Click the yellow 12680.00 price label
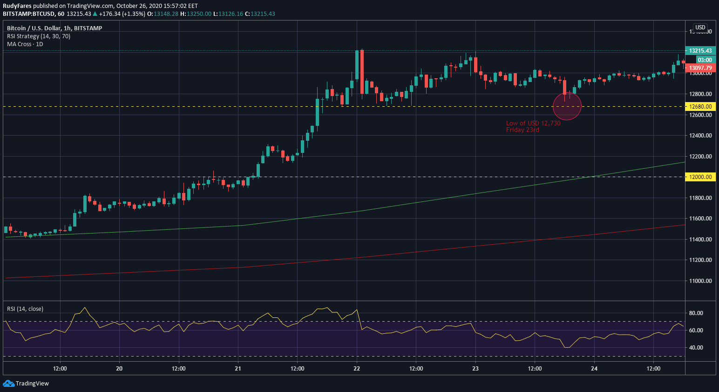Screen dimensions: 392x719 700,106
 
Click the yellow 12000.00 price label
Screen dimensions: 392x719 700,177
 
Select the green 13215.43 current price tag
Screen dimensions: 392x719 700,51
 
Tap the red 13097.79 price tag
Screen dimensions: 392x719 700,68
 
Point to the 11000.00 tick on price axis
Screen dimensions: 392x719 700,281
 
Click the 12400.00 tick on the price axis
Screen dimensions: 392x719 700,136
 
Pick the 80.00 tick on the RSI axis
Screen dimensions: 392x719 696,313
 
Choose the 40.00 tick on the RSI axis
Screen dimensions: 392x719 696,347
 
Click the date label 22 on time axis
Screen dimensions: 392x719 357,368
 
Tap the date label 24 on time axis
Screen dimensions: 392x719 594,368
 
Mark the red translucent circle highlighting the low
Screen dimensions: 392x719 567,106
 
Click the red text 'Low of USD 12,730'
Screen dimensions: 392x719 533,123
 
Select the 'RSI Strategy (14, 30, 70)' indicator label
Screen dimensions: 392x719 39,36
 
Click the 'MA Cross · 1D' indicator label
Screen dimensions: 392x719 25,44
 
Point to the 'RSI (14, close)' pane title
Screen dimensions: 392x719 25,309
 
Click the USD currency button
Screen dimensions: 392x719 700,28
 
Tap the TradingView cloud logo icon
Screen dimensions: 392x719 8,383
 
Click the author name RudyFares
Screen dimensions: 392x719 17,6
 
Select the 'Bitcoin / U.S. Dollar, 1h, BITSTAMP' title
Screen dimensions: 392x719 54,28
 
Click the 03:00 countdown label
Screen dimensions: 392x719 705,60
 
